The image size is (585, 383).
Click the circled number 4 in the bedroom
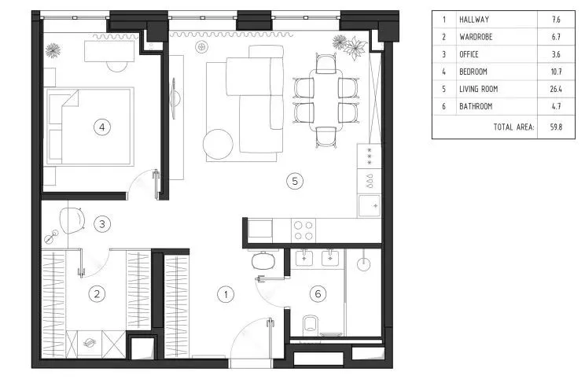[102, 127]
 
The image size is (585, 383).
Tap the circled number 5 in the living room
[295, 182]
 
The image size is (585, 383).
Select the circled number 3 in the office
[102, 224]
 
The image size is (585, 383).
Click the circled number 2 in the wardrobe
[97, 294]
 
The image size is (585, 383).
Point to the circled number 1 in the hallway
[226, 295]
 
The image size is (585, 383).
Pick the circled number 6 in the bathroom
[318, 294]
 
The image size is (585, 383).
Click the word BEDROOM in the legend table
[473, 72]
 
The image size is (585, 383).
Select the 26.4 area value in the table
[556, 89]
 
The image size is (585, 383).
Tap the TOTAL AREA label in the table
[513, 127]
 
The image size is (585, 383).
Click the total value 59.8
[556, 127]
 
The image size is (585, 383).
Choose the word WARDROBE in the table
[476, 37]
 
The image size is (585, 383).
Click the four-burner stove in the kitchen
[304, 230]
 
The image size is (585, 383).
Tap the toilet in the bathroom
[311, 325]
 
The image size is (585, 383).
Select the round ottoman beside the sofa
[218, 144]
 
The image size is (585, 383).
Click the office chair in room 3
[72, 220]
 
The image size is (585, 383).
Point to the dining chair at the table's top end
[326, 64]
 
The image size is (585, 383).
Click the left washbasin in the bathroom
[304, 258]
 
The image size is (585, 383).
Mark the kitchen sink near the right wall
[370, 206]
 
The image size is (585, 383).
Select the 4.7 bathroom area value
[556, 106]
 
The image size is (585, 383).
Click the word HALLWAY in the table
[474, 20]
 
